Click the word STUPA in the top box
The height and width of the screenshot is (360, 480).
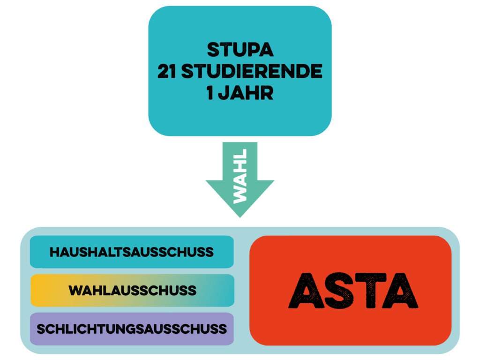tap(240, 50)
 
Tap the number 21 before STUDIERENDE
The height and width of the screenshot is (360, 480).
tap(167, 71)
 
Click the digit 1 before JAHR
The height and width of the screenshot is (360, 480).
tap(210, 93)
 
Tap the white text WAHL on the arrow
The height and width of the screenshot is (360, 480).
tap(240, 176)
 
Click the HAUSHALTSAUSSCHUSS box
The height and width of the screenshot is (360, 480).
tap(132, 252)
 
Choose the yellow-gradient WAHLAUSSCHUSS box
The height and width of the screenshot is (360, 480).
tap(132, 290)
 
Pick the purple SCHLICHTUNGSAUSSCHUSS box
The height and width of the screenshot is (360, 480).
tap(132, 329)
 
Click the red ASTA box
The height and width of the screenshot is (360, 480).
tap(351, 290)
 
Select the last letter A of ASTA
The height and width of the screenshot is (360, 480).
tap(401, 290)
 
